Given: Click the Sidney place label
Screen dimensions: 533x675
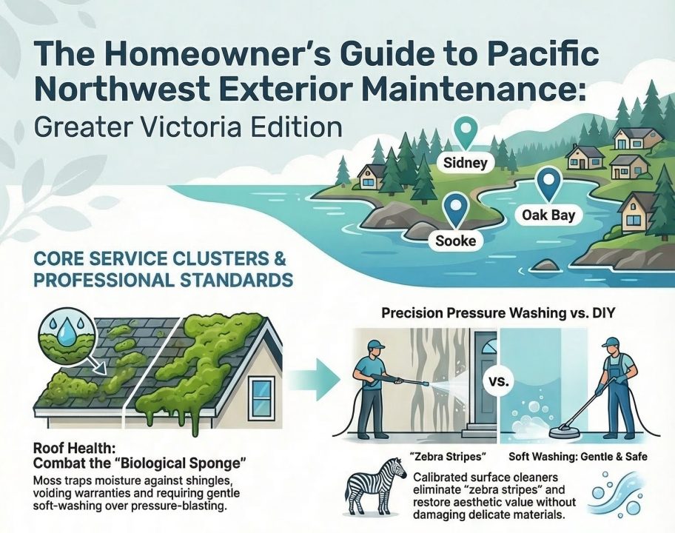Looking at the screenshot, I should click(466, 162).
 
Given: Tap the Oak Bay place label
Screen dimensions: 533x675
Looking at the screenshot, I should click(548, 216).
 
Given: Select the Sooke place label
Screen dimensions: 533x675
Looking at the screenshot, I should click(456, 241).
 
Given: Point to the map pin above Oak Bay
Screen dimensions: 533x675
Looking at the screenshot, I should click(548, 184).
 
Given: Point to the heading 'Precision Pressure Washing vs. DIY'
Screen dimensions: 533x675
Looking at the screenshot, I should click(500, 313).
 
